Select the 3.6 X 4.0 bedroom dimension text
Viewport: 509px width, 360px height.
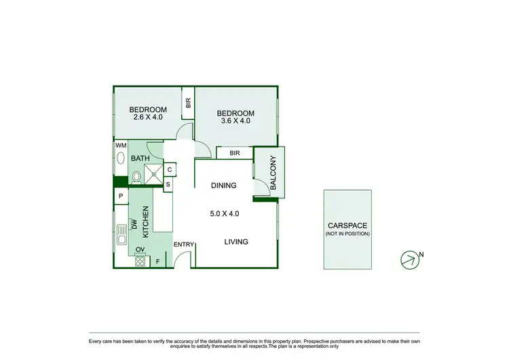235,122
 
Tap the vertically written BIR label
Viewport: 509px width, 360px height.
188,103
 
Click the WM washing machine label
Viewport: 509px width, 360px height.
120,146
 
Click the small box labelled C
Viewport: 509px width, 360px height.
169,169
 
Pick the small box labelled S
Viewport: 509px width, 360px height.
168,183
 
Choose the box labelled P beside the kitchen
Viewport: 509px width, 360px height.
121,197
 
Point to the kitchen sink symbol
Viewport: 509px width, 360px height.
121,234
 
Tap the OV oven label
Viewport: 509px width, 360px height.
140,250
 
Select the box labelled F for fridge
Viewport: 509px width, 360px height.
159,261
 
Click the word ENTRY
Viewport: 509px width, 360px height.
184,245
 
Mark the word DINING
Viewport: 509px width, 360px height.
223,185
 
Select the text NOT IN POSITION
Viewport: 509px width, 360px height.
347,234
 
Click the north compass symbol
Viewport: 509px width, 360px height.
410,259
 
